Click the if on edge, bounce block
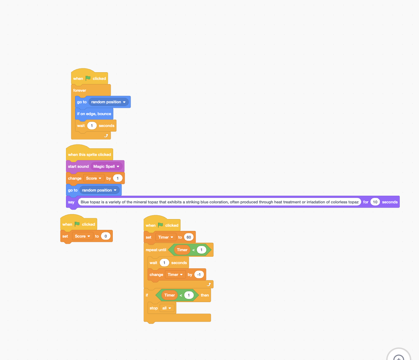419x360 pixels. (x=94, y=114)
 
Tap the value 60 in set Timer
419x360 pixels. (x=189, y=237)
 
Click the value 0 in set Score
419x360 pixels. (x=106, y=236)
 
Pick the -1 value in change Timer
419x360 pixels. (x=199, y=275)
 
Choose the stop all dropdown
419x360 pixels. (x=167, y=308)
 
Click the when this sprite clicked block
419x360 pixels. (x=89, y=155)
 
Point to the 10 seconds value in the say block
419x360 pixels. (x=375, y=202)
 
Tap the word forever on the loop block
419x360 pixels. (x=80, y=90)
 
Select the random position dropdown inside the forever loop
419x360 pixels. (x=108, y=102)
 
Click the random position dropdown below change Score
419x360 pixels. (x=99, y=190)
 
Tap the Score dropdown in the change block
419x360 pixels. (x=94, y=178)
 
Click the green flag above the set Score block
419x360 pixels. (x=77, y=224)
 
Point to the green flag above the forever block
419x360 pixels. (x=88, y=78)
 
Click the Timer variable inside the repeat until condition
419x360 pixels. (x=182, y=250)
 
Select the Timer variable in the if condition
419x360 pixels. (x=170, y=295)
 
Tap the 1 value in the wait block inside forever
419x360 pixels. (x=92, y=126)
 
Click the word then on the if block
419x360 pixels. (x=205, y=295)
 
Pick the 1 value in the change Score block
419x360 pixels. (x=118, y=178)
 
